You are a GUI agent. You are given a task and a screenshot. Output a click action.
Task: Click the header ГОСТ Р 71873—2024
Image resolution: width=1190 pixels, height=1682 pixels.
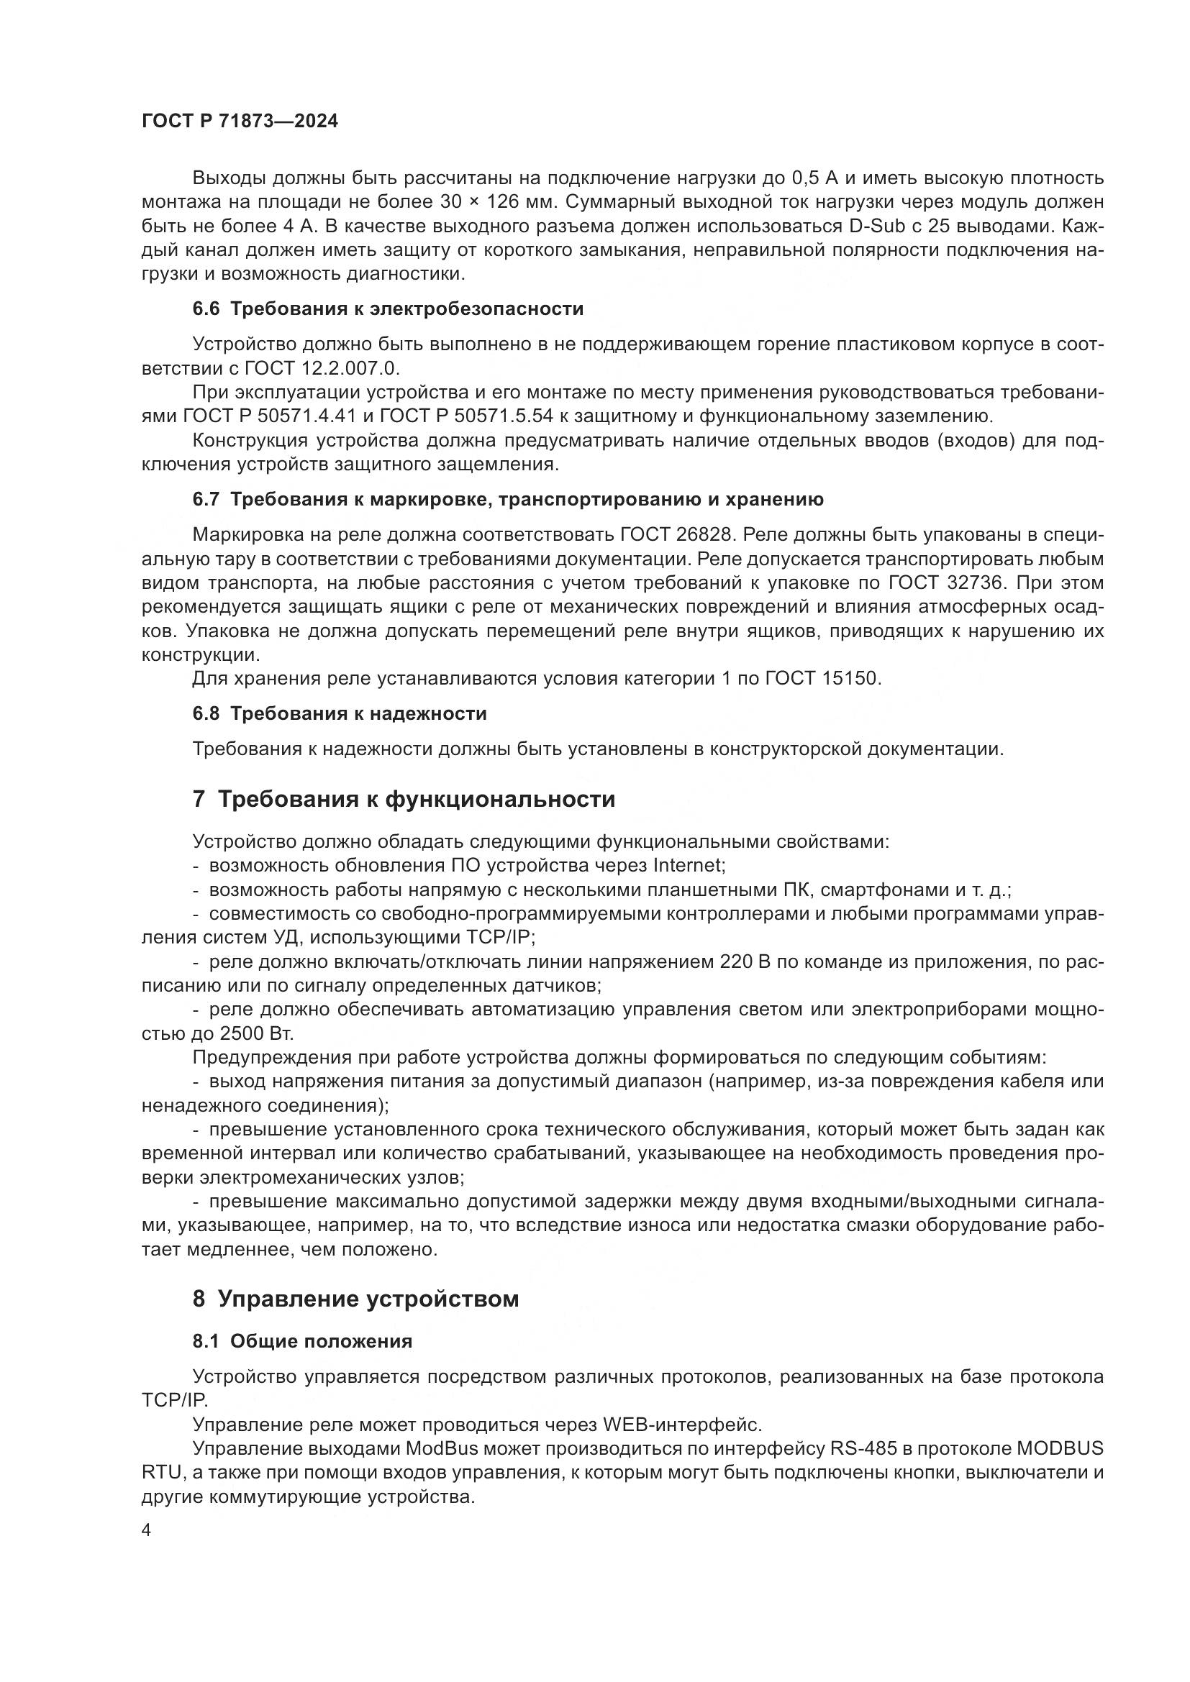click(x=240, y=122)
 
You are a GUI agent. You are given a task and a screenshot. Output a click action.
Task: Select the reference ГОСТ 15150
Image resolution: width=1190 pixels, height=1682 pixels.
click(x=822, y=678)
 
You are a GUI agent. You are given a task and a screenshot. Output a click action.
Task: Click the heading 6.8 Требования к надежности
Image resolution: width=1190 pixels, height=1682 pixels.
click(x=340, y=713)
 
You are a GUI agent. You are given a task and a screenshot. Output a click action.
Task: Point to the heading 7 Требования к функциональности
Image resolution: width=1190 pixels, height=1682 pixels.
click(x=404, y=798)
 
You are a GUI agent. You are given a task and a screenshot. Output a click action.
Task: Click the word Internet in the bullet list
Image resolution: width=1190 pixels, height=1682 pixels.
click(x=687, y=865)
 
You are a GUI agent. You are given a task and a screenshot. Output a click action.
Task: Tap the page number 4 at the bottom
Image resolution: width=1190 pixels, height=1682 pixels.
click(x=147, y=1532)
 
